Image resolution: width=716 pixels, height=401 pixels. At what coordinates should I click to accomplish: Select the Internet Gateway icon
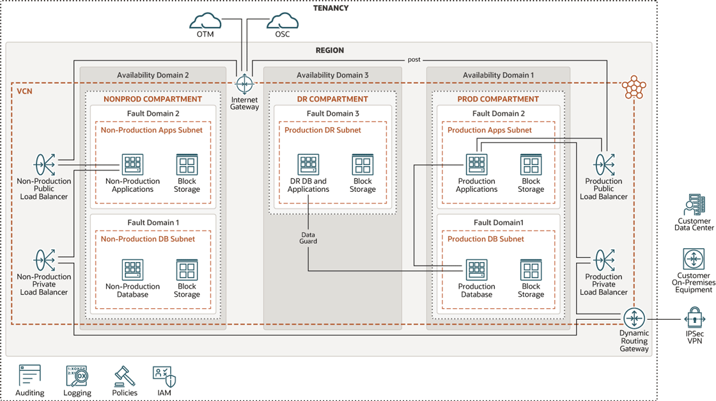(x=244, y=84)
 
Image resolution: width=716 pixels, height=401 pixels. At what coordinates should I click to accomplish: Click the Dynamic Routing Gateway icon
(x=634, y=318)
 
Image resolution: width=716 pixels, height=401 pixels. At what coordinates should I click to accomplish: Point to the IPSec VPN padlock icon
(x=694, y=318)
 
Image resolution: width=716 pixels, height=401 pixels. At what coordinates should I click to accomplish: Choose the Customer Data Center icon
(x=694, y=205)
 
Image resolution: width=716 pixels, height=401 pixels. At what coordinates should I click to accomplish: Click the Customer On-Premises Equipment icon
(x=694, y=260)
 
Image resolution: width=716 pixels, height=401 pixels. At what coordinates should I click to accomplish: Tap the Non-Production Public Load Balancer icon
(x=44, y=165)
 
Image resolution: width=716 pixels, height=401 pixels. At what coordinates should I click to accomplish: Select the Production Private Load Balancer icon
(x=604, y=261)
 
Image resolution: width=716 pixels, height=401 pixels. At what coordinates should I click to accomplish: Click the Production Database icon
(x=476, y=270)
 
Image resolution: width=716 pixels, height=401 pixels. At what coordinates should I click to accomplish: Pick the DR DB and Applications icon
(x=308, y=165)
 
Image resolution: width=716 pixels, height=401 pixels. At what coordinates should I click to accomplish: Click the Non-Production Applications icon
(x=132, y=165)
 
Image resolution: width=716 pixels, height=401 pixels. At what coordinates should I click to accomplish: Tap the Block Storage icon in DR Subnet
(x=362, y=165)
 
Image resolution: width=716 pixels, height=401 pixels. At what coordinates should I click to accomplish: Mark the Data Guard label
(x=308, y=238)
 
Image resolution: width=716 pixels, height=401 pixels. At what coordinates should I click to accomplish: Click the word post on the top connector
(x=414, y=59)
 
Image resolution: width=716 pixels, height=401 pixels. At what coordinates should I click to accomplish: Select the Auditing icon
(x=29, y=375)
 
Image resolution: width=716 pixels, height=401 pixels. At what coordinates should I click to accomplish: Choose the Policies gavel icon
(x=125, y=375)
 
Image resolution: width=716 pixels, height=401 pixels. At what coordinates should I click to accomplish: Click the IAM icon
(x=164, y=375)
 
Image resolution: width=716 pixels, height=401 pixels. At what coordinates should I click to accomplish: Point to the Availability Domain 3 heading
(x=332, y=75)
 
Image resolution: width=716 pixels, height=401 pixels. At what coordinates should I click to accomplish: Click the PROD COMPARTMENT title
(x=497, y=99)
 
